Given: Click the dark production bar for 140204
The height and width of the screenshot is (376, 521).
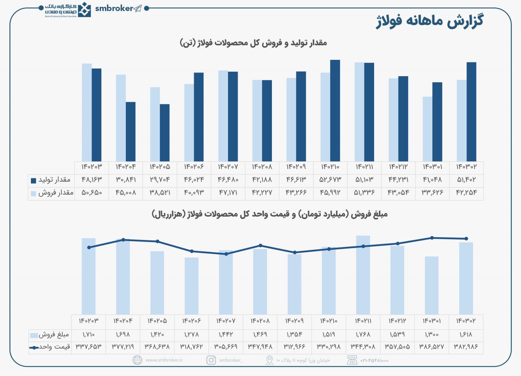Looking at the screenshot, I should point(131,131).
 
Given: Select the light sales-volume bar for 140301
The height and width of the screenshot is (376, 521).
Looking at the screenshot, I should point(427,129).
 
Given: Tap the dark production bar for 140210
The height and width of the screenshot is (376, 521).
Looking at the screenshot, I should point(335,110).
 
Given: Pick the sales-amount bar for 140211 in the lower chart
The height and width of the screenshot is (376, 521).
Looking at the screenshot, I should point(363,275).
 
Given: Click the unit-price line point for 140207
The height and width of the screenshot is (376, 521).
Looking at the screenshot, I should point(226,254).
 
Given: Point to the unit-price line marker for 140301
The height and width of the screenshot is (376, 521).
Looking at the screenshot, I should point(432,238).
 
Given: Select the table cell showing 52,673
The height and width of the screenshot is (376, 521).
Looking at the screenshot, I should point(330,180).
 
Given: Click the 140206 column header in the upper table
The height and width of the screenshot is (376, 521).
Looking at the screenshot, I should point(194,167).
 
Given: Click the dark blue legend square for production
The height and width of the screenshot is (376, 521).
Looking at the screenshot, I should point(33,180).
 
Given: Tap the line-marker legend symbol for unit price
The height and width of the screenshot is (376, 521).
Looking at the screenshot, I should point(34,347).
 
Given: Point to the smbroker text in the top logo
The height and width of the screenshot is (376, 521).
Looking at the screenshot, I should point(114,8).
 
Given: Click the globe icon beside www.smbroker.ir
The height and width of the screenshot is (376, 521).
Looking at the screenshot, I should point(138,360).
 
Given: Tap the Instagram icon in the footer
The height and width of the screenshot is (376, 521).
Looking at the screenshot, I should point(211,360).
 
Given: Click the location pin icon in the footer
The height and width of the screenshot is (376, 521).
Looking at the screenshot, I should point(269,360).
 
